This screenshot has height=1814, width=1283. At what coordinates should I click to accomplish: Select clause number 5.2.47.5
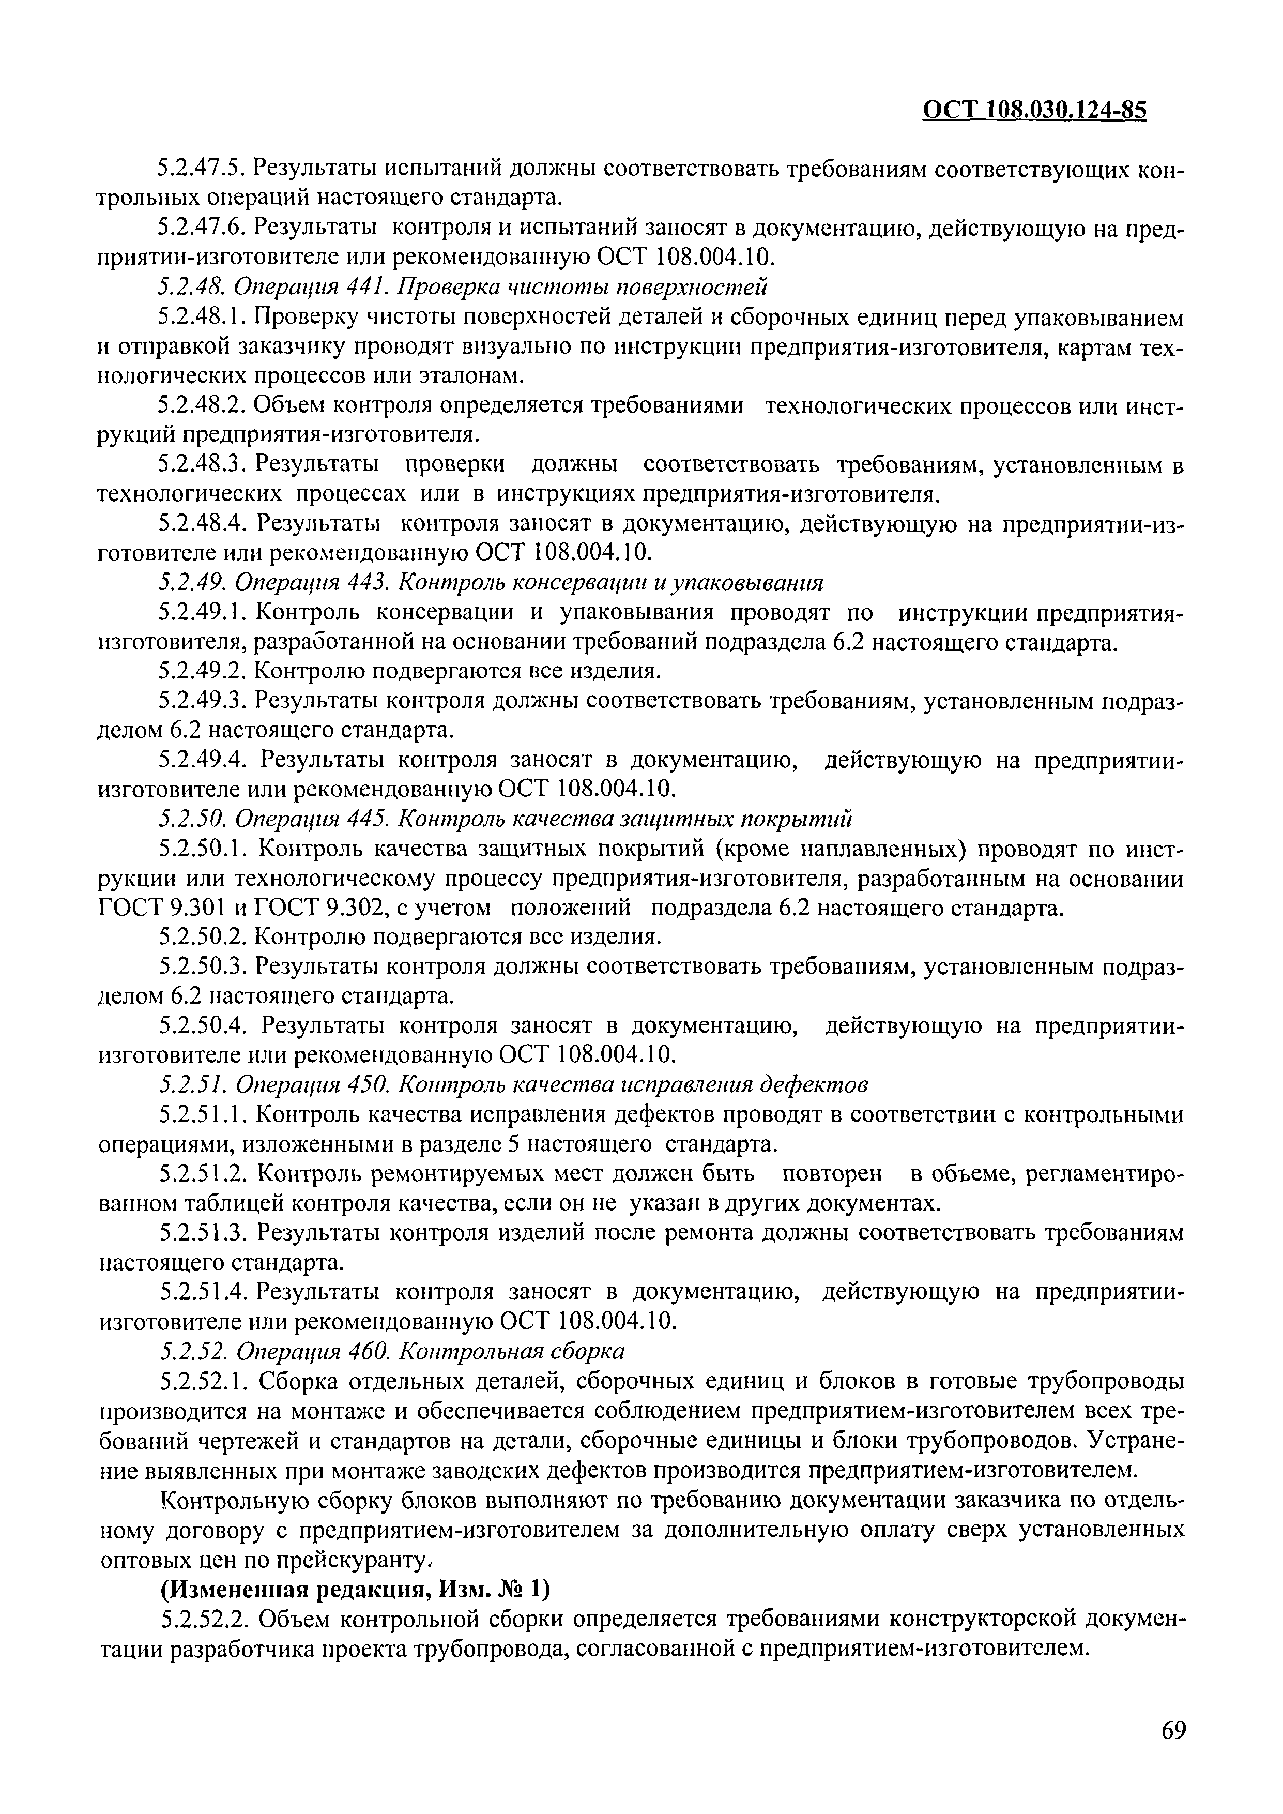(x=202, y=168)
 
